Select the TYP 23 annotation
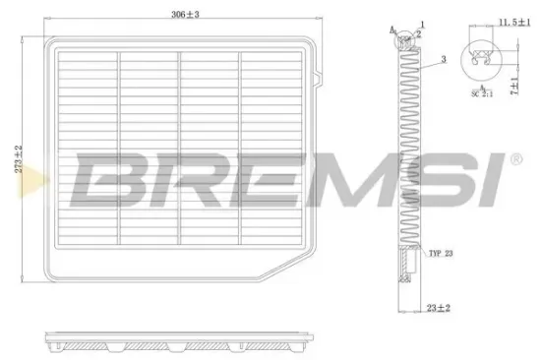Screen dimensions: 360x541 442,254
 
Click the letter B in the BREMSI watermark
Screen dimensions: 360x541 108,178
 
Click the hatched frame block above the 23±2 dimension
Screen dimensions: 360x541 406,265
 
